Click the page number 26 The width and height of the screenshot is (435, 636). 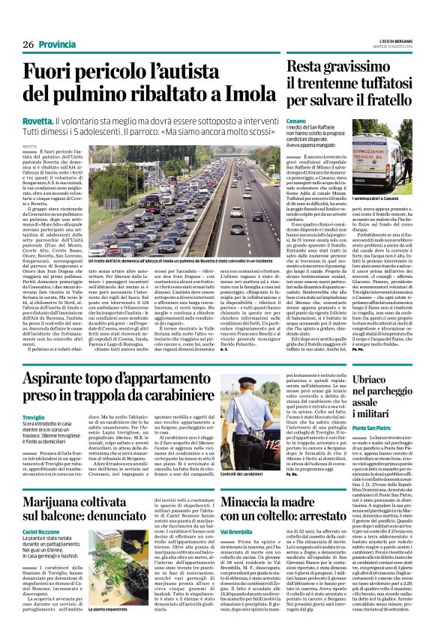(29, 44)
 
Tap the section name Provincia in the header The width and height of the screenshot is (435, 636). (57, 44)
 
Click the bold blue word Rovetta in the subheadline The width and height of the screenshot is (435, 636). (37, 120)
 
